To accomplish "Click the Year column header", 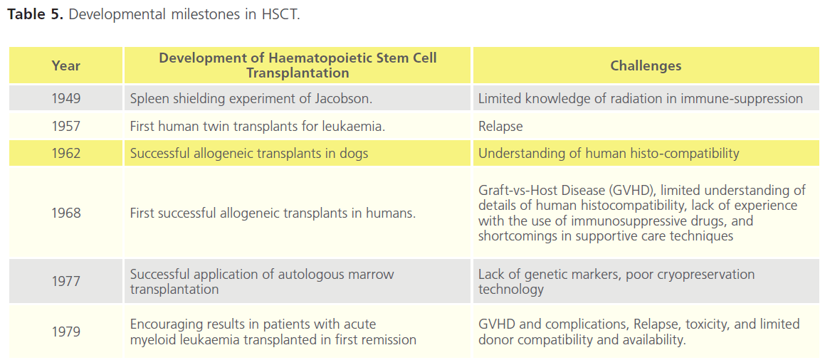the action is pos(66,65).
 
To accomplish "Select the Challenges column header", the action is pos(646,65).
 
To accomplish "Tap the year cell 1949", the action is pos(66,98).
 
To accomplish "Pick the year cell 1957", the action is pos(66,126).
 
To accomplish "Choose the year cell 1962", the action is pos(66,154).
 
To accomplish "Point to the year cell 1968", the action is pos(66,213).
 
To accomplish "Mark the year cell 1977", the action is pos(66,282).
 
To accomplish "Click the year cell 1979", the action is pos(66,332).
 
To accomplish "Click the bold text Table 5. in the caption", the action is pos(36,14).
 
